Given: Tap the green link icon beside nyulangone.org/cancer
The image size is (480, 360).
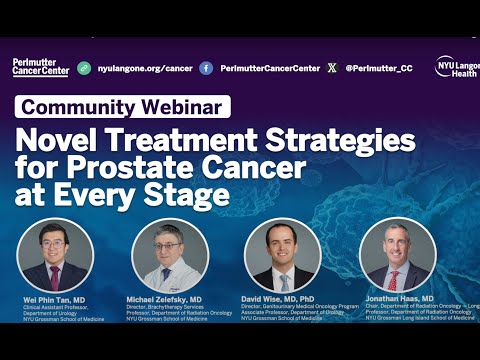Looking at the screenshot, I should (x=84, y=68).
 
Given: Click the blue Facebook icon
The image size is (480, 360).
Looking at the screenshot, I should (x=206, y=68).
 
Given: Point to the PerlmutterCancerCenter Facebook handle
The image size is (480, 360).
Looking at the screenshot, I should (x=270, y=68).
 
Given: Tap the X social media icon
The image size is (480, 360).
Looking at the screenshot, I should (x=332, y=68).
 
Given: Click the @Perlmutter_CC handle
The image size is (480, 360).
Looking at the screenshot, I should (x=379, y=68).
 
